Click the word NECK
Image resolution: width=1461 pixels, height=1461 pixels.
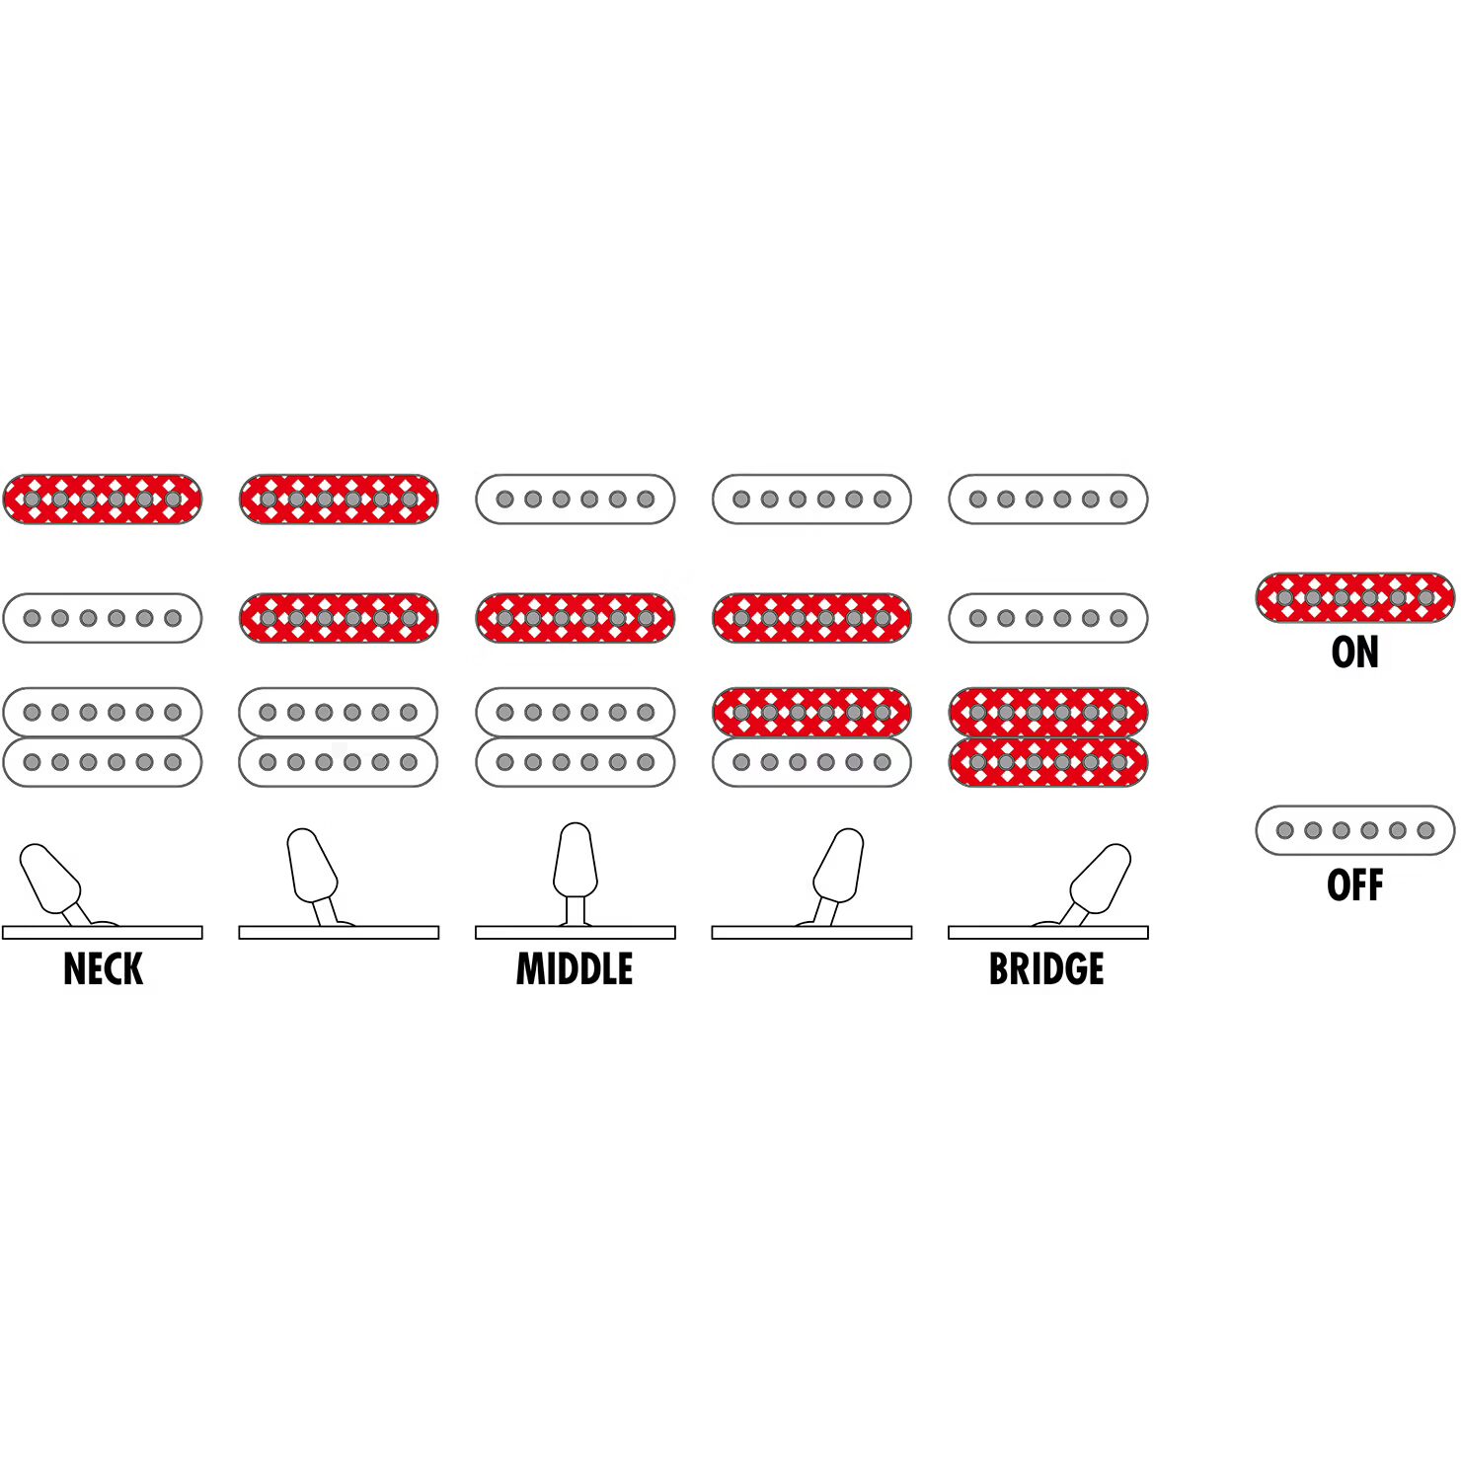[x=103, y=968]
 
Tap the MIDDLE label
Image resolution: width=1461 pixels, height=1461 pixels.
[x=575, y=968]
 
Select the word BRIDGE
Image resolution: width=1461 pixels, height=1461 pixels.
[x=1046, y=968]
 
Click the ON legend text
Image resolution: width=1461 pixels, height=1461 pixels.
[x=1354, y=652]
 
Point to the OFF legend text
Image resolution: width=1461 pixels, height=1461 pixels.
[x=1354, y=885]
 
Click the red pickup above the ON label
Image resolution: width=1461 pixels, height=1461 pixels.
[x=1354, y=597]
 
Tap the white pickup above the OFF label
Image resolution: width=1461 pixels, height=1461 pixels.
[x=1354, y=830]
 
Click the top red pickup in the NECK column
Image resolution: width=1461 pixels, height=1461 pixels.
[x=103, y=499]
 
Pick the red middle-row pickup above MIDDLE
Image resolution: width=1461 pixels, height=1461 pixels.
[x=575, y=618]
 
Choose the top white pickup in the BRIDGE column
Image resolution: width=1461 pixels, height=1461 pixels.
[x=1047, y=499]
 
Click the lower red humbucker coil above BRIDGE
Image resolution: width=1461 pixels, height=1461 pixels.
[x=1047, y=762]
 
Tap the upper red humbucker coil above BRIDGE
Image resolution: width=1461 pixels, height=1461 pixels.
[x=1047, y=713]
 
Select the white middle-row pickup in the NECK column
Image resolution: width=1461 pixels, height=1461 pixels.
[x=103, y=618]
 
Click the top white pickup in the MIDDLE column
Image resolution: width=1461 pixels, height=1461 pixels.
[x=575, y=499]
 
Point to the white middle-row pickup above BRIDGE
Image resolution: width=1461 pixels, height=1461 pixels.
[x=1047, y=618]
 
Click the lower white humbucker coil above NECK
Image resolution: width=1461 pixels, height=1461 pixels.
[x=103, y=762]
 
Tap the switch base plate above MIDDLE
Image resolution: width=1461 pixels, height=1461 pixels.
[x=575, y=932]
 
